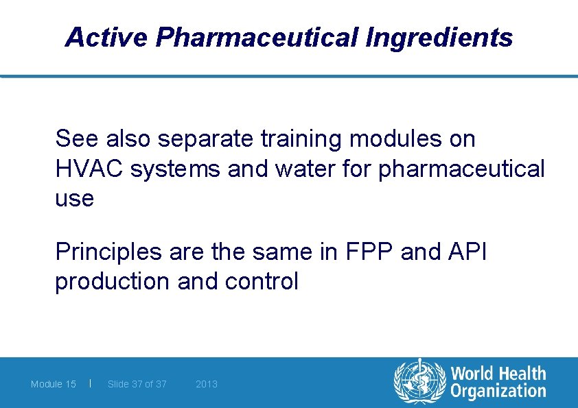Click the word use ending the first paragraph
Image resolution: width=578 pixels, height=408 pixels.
coord(74,199)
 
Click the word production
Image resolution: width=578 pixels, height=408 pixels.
coord(112,281)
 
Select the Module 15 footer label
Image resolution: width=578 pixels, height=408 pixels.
coord(54,384)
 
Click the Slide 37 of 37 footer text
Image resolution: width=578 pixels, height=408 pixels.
coord(137,384)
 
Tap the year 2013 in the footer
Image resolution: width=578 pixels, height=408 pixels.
coord(207,384)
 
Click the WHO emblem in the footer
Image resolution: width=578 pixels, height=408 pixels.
coord(418,382)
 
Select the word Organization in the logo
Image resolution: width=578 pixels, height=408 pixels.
coord(498,392)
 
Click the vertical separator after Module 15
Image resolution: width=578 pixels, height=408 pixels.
coord(91,383)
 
